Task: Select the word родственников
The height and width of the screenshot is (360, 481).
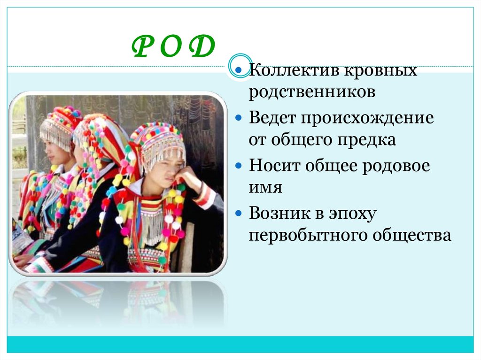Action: [x=312, y=92]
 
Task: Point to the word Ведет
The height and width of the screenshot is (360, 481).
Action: [x=272, y=118]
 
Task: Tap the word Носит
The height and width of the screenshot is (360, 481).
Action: [x=272, y=166]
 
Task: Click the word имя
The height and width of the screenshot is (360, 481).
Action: [x=265, y=188]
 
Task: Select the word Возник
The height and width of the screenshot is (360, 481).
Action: [x=278, y=214]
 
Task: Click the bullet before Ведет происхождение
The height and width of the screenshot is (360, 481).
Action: [x=239, y=119]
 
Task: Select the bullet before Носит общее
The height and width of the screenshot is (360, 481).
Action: [x=239, y=167]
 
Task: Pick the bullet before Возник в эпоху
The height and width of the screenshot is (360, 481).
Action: [x=239, y=214]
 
